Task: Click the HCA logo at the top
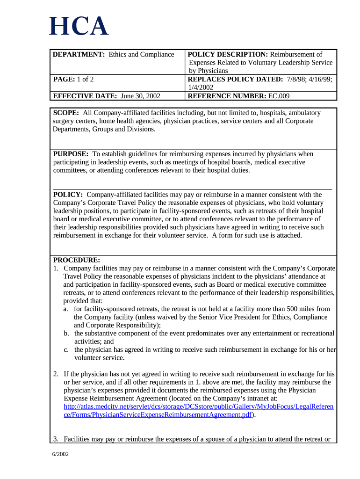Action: coord(79,27)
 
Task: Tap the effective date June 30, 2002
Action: coord(140,96)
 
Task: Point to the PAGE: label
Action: coord(64,79)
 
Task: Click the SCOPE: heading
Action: coord(66,113)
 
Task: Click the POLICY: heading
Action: coord(68,195)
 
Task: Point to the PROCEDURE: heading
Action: coord(77,260)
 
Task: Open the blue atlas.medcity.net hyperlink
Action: coord(198,406)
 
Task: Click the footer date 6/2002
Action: coord(61,454)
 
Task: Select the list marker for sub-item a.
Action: coord(66,309)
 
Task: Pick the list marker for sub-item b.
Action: coord(66,334)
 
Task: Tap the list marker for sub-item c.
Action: coord(66,350)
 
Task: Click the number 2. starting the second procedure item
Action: coord(56,374)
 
